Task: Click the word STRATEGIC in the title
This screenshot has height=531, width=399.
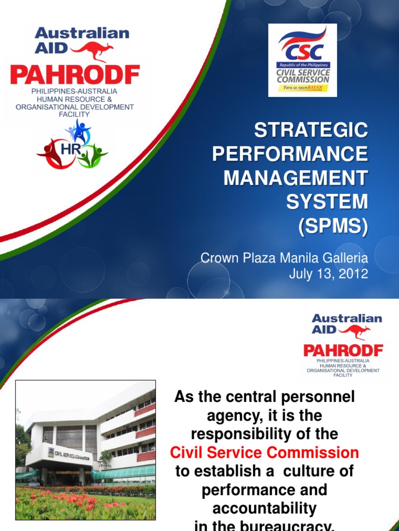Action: click(311, 130)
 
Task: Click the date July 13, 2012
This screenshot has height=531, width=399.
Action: click(328, 274)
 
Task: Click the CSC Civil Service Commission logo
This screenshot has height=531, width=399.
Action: click(302, 60)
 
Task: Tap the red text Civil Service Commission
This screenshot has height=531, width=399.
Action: click(264, 453)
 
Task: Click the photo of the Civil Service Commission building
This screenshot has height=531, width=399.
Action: click(86, 450)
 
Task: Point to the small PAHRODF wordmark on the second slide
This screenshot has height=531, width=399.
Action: click(343, 351)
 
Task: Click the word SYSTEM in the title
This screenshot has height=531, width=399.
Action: click(327, 202)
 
